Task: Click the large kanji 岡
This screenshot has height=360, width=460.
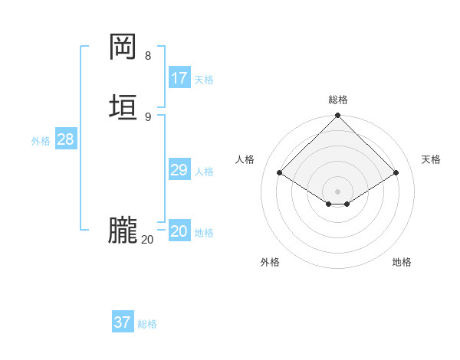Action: point(123,47)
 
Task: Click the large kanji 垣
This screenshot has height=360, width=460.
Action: point(123,106)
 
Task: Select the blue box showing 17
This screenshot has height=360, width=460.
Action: point(179,78)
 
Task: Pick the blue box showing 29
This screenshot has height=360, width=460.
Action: point(179,170)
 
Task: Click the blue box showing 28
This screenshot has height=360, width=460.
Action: point(65,139)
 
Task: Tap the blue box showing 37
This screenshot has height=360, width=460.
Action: point(123,322)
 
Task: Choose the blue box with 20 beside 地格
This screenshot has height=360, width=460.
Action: point(179,232)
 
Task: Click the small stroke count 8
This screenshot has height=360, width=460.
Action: point(148,56)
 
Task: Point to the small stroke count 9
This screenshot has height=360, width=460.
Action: point(148,116)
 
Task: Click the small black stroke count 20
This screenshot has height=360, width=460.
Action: point(147,240)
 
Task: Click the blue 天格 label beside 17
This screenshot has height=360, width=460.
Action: point(204,80)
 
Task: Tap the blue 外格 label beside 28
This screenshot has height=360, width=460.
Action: point(41,141)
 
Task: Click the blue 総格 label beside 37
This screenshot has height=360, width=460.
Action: point(147,324)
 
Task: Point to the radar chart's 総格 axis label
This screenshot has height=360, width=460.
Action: point(338,100)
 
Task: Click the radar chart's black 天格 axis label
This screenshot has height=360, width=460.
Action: point(431,159)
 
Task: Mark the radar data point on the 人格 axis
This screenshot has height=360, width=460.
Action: point(280,173)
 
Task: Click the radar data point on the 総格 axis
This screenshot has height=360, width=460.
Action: point(338,116)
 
